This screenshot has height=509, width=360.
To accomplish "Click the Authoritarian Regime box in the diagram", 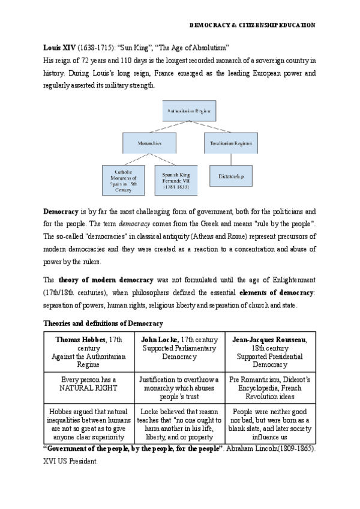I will click(x=189, y=111).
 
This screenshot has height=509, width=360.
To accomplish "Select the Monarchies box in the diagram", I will click(x=150, y=143).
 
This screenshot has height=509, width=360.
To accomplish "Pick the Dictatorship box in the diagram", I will click(x=231, y=176).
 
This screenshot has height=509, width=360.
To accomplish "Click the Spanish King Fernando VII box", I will click(x=176, y=179).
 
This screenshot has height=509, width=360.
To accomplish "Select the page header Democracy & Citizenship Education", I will click(x=252, y=25).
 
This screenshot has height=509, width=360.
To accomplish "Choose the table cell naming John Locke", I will click(x=179, y=348).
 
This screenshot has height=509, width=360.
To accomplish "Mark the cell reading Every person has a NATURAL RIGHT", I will click(x=89, y=384).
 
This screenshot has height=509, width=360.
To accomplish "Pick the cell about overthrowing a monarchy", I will click(x=179, y=388).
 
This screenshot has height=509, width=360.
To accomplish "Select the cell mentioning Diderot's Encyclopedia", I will click(x=270, y=388).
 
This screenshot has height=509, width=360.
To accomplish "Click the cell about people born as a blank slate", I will click(x=270, y=424).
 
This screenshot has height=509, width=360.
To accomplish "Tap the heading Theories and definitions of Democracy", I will click(x=103, y=323).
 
